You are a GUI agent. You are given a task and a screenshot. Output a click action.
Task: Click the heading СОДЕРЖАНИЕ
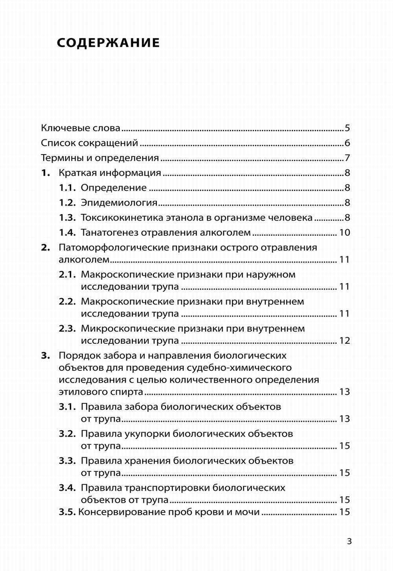point(108,42)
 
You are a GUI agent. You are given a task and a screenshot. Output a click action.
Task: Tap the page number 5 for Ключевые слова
point(347,128)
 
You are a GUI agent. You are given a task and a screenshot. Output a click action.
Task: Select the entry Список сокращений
point(89,143)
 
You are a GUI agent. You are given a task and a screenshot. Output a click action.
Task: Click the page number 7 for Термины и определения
point(347,158)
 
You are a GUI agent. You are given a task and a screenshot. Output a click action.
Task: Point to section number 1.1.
point(67,188)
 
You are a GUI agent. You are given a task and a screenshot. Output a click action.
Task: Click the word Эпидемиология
point(119,203)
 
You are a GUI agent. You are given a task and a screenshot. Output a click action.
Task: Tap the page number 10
point(344,233)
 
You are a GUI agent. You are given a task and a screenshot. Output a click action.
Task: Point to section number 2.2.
point(67,302)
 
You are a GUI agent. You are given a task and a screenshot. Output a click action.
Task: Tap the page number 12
point(344,341)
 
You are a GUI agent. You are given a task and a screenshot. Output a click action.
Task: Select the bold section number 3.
point(46,355)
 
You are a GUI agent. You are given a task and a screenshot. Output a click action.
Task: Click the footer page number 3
point(349,542)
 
